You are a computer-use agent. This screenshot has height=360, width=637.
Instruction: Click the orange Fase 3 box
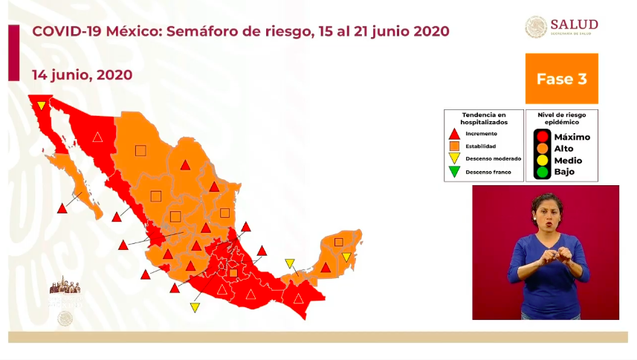(x=561, y=78)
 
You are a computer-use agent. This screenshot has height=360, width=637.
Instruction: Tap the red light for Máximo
(x=543, y=137)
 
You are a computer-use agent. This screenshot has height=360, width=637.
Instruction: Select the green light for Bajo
(x=543, y=172)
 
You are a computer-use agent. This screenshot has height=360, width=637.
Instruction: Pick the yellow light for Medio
(x=543, y=161)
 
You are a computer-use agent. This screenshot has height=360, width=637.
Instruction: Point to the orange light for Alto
(x=543, y=149)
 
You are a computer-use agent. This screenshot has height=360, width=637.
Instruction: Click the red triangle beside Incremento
(x=454, y=134)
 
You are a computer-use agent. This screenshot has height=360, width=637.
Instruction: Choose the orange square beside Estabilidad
(x=454, y=147)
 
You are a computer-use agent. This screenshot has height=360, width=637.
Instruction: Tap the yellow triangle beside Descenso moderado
(x=454, y=158)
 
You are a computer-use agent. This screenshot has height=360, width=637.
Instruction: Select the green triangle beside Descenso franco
(x=454, y=172)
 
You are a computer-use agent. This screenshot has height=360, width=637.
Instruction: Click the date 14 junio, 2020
(x=82, y=75)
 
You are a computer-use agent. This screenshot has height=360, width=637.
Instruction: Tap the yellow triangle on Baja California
(x=42, y=106)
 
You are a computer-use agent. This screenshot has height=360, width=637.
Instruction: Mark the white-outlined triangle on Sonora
(x=97, y=137)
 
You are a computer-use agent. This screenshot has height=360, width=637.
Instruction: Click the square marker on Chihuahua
(x=140, y=150)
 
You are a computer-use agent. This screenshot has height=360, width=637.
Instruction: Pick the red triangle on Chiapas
(x=298, y=299)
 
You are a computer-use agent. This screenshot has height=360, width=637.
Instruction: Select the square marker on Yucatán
(x=339, y=242)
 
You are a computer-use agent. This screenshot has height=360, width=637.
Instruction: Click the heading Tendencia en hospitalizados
(x=483, y=118)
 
